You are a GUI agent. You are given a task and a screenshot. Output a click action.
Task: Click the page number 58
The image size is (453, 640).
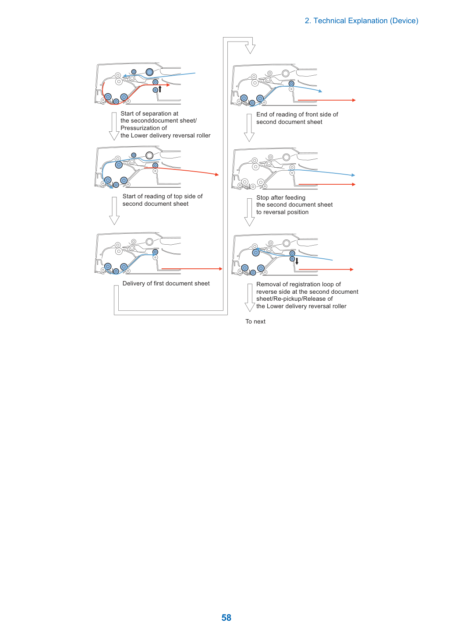(226, 617)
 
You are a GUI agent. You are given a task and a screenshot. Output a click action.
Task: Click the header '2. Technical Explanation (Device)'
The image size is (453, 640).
(361, 21)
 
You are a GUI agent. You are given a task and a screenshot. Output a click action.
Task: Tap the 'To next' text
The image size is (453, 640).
(255, 321)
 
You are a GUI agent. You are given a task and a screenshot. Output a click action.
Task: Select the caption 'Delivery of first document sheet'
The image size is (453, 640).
(166, 283)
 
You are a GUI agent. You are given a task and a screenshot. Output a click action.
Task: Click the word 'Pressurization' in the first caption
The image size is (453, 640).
(141, 128)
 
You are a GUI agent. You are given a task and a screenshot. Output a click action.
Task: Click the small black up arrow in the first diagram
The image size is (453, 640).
(160, 89)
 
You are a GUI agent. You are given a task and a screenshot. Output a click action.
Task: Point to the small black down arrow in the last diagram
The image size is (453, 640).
(297, 261)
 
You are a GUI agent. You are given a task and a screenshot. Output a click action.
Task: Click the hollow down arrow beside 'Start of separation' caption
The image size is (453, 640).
(114, 126)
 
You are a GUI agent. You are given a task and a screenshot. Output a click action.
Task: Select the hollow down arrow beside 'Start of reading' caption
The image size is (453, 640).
(114, 211)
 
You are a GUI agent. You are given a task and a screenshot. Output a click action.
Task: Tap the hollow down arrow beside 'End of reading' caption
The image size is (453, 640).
(249, 128)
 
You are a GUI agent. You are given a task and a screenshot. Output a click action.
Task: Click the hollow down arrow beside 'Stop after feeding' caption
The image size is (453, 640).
(249, 212)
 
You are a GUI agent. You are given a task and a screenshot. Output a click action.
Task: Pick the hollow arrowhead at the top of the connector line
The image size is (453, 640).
(250, 49)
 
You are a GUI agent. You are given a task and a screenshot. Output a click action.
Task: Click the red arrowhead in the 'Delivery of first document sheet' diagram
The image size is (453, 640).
(220, 269)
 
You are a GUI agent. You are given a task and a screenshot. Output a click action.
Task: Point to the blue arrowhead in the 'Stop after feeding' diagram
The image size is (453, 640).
(353, 175)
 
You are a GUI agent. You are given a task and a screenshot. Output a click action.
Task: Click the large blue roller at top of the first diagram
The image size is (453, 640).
(149, 72)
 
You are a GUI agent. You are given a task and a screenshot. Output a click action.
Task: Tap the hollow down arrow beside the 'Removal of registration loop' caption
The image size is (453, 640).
(250, 297)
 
